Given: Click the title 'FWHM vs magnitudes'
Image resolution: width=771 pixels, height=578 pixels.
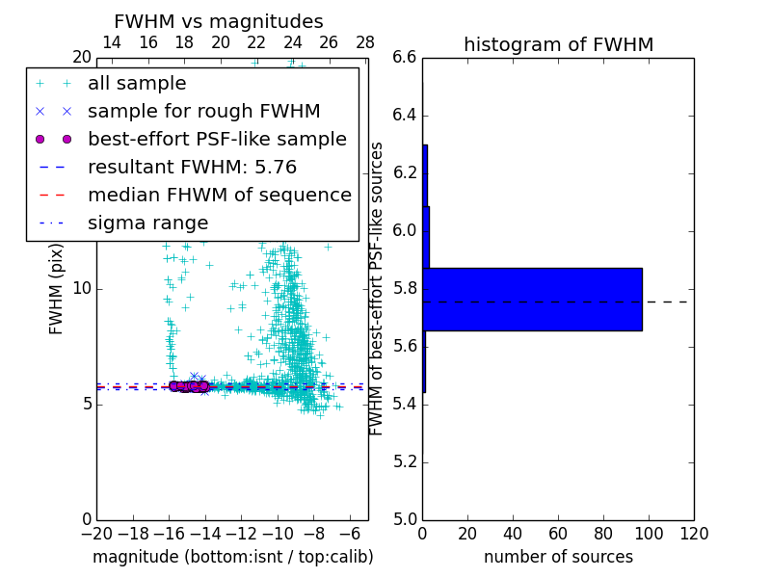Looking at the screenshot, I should pos(219,21).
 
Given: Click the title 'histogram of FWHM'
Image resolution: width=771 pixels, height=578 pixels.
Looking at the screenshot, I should pos(558,44).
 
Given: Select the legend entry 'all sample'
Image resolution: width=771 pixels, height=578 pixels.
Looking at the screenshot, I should pos(137,84).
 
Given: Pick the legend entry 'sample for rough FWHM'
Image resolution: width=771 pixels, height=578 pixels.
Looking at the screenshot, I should pos(203,112).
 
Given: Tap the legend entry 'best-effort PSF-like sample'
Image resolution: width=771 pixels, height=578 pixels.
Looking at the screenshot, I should pos(217,140).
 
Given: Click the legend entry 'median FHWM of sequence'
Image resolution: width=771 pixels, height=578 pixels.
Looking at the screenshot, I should pos(219,196).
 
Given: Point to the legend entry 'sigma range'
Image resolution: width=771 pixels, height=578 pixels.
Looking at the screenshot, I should pos(147,223).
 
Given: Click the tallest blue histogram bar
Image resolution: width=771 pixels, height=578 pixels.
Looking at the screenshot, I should pos(532,300).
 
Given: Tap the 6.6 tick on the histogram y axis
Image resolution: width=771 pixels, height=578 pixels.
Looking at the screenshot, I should pos(405,58).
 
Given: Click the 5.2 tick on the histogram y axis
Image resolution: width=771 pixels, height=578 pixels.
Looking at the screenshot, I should pos(405,461).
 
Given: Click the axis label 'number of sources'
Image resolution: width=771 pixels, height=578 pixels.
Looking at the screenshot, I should pos(558,557).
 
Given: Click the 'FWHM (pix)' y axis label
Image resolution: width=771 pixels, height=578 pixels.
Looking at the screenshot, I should pos(57,289).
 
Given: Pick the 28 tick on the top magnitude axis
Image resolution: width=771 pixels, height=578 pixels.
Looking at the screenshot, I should pos(365,42).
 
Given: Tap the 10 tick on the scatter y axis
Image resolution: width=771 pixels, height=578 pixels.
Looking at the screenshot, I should pos(82,289).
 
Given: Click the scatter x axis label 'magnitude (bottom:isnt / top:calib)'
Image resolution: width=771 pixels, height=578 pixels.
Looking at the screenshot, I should pos(232,557).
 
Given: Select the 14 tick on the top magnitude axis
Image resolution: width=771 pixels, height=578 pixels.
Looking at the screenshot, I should pos(112,42).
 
